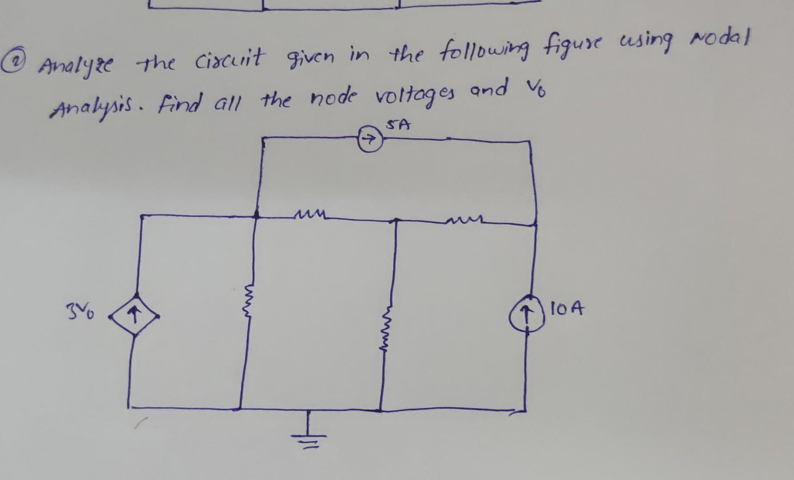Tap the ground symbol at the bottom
[307, 433]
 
